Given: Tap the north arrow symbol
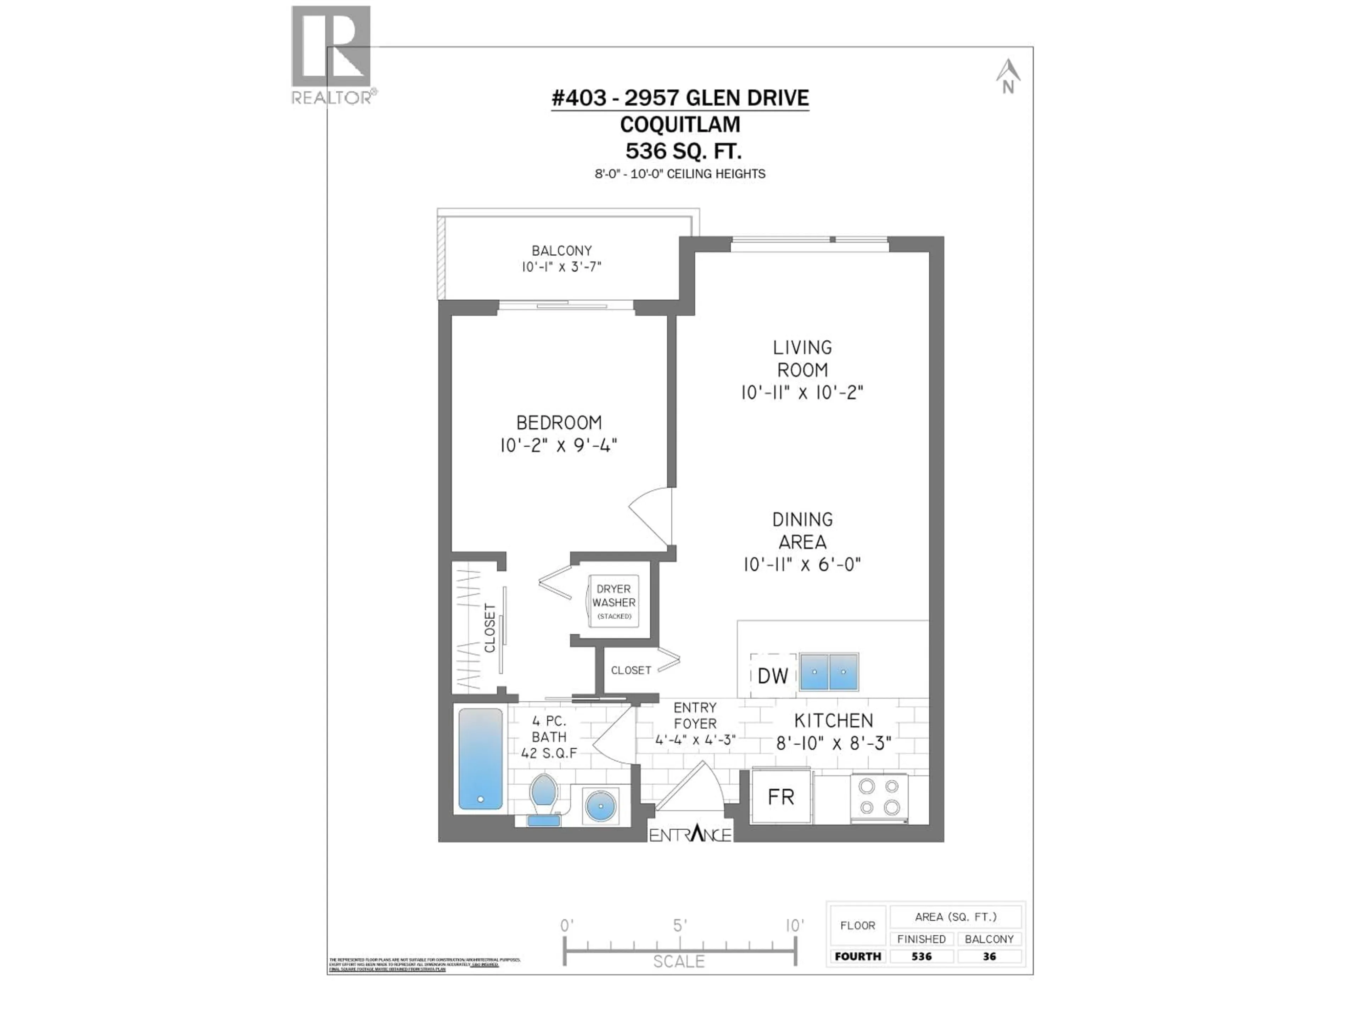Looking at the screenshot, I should [1008, 76].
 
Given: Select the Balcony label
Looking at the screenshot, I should [561, 251].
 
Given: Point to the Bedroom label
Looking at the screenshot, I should [559, 423].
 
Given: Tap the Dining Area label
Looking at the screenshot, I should [802, 530].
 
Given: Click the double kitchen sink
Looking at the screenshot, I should [828, 671].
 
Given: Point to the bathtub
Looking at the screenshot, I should [480, 759].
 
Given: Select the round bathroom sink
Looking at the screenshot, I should [600, 805].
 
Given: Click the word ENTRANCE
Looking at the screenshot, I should [690, 835].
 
